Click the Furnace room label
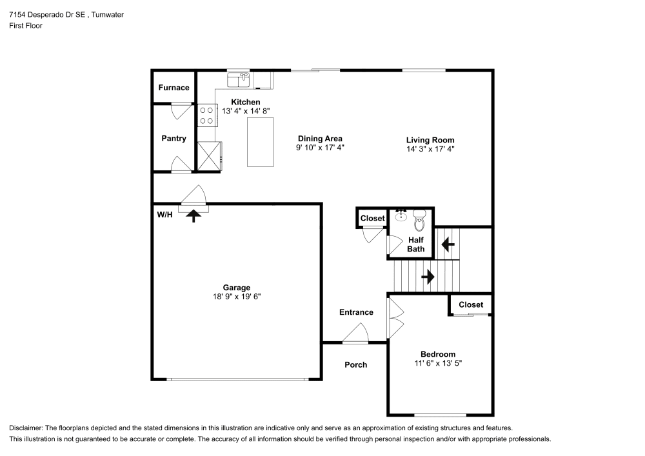tap(174, 88)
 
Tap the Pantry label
tap(174, 139)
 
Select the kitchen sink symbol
tap(239, 79)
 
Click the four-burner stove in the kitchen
tap(207, 115)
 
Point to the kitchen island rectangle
tap(261, 142)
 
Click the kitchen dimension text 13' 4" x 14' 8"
tap(246, 112)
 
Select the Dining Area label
tap(320, 139)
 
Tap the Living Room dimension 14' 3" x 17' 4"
tap(430, 149)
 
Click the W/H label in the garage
tap(164, 215)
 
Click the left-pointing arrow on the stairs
tap(446, 244)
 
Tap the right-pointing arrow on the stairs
tap(427, 277)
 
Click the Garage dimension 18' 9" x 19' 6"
tap(237, 297)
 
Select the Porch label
tap(355, 365)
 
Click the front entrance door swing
tap(356, 334)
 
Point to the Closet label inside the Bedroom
tap(471, 304)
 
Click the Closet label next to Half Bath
tap(372, 219)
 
